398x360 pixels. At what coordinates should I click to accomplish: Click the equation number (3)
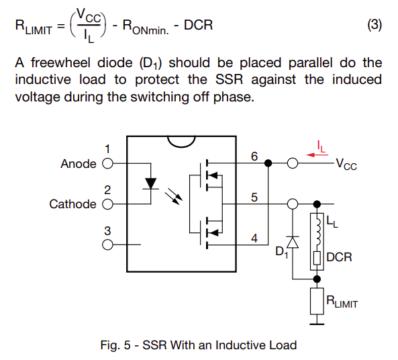pos(375,25)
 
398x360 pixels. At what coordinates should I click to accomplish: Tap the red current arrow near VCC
pos(317,154)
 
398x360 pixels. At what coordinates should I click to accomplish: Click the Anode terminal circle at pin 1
pos(107,163)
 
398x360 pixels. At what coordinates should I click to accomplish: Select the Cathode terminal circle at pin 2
pos(107,204)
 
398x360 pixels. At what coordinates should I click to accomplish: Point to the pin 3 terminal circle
pos(107,244)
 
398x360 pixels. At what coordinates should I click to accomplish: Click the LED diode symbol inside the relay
pos(151,183)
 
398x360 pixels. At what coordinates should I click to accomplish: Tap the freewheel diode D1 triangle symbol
pos(293,242)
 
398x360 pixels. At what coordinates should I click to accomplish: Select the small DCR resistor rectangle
pos(317,258)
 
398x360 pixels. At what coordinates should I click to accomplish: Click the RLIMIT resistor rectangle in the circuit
pos(317,302)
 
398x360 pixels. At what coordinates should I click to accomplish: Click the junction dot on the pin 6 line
pos(268,163)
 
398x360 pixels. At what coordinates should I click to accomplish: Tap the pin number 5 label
pos(254,197)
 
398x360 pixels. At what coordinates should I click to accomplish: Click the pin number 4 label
pos(254,238)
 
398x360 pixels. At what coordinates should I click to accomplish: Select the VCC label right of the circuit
pos(346,164)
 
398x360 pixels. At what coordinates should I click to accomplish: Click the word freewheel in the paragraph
pos(60,62)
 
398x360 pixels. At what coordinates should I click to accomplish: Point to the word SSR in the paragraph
pos(230,79)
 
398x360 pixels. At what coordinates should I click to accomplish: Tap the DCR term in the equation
pos(198,25)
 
